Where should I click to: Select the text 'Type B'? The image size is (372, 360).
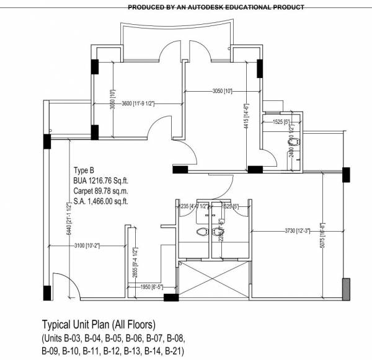(84, 170)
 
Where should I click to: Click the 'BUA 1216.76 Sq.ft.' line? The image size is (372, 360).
(100, 179)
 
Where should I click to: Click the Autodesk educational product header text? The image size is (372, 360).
(216, 8)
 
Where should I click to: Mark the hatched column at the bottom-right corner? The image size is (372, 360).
(345, 289)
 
